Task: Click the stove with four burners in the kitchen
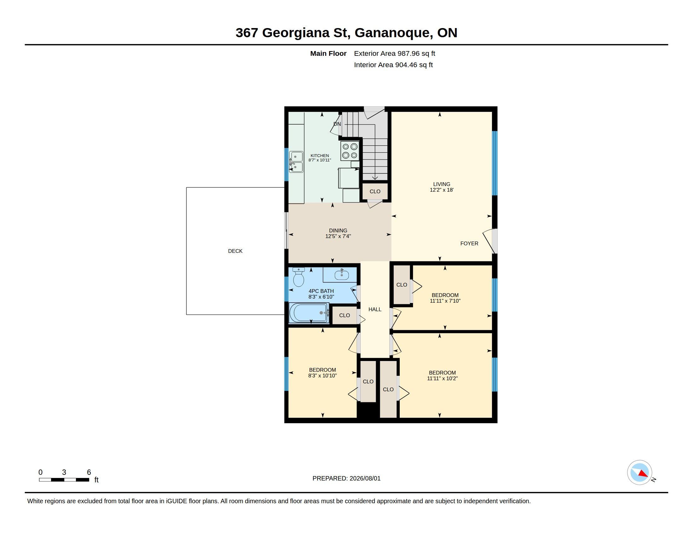(350, 151)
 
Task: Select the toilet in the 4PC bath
(299, 277)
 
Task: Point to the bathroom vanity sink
(341, 275)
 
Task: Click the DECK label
(235, 251)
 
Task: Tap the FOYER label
(469, 243)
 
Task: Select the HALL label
(375, 309)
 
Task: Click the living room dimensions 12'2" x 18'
(442, 190)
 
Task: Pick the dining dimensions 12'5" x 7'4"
(338, 236)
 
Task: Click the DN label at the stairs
(337, 124)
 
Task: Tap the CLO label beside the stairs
(375, 191)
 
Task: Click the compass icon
(639, 472)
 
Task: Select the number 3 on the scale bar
(64, 472)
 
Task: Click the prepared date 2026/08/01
(365, 478)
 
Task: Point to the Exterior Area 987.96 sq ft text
(394, 53)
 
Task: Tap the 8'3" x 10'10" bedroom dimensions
(322, 376)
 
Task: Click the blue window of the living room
(494, 163)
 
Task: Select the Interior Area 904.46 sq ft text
(393, 65)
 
